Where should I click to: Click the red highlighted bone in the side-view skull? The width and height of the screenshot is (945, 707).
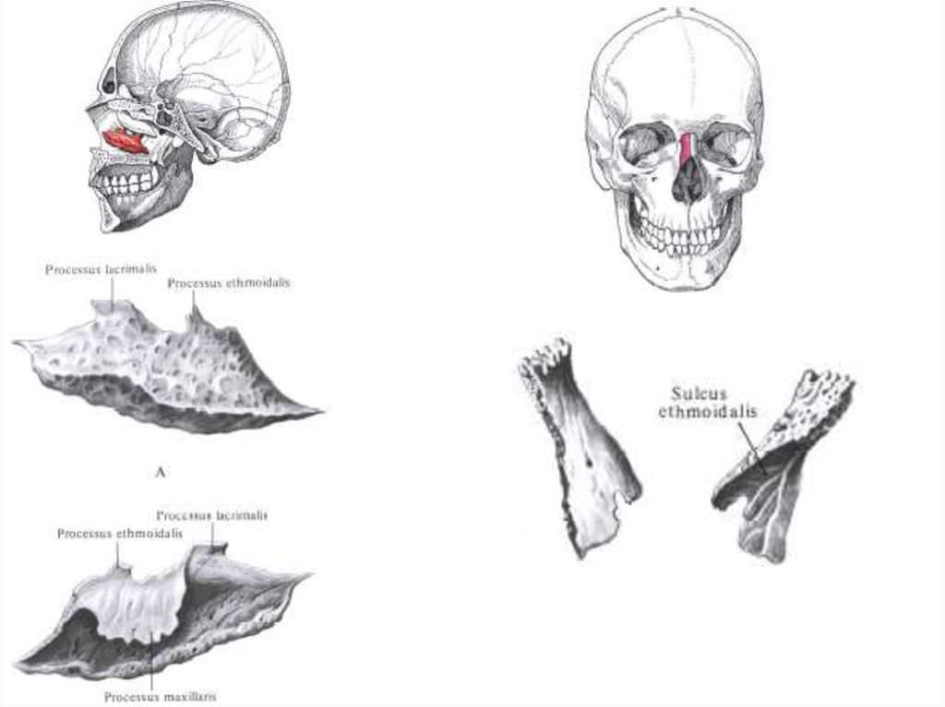click(126, 141)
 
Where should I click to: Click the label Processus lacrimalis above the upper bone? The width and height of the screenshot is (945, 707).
click(101, 269)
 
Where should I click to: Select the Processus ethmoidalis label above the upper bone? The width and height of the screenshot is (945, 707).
click(229, 283)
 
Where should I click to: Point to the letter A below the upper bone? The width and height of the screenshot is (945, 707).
click(161, 473)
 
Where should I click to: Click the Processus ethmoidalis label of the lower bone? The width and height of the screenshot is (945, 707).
click(119, 533)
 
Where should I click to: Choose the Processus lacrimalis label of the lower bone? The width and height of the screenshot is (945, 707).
click(212, 515)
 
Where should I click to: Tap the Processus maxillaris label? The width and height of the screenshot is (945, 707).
click(161, 697)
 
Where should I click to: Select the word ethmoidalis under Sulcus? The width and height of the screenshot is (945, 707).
click(707, 412)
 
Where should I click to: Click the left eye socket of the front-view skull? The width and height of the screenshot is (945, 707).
click(644, 145)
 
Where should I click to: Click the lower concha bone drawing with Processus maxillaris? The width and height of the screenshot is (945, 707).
click(166, 608)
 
